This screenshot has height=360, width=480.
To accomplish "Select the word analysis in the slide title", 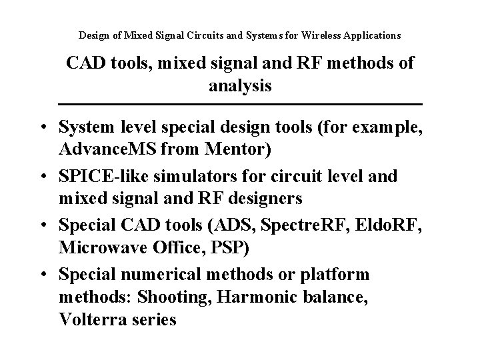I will pos(240,86).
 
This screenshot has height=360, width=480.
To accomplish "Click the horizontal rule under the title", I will pos(240,105).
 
